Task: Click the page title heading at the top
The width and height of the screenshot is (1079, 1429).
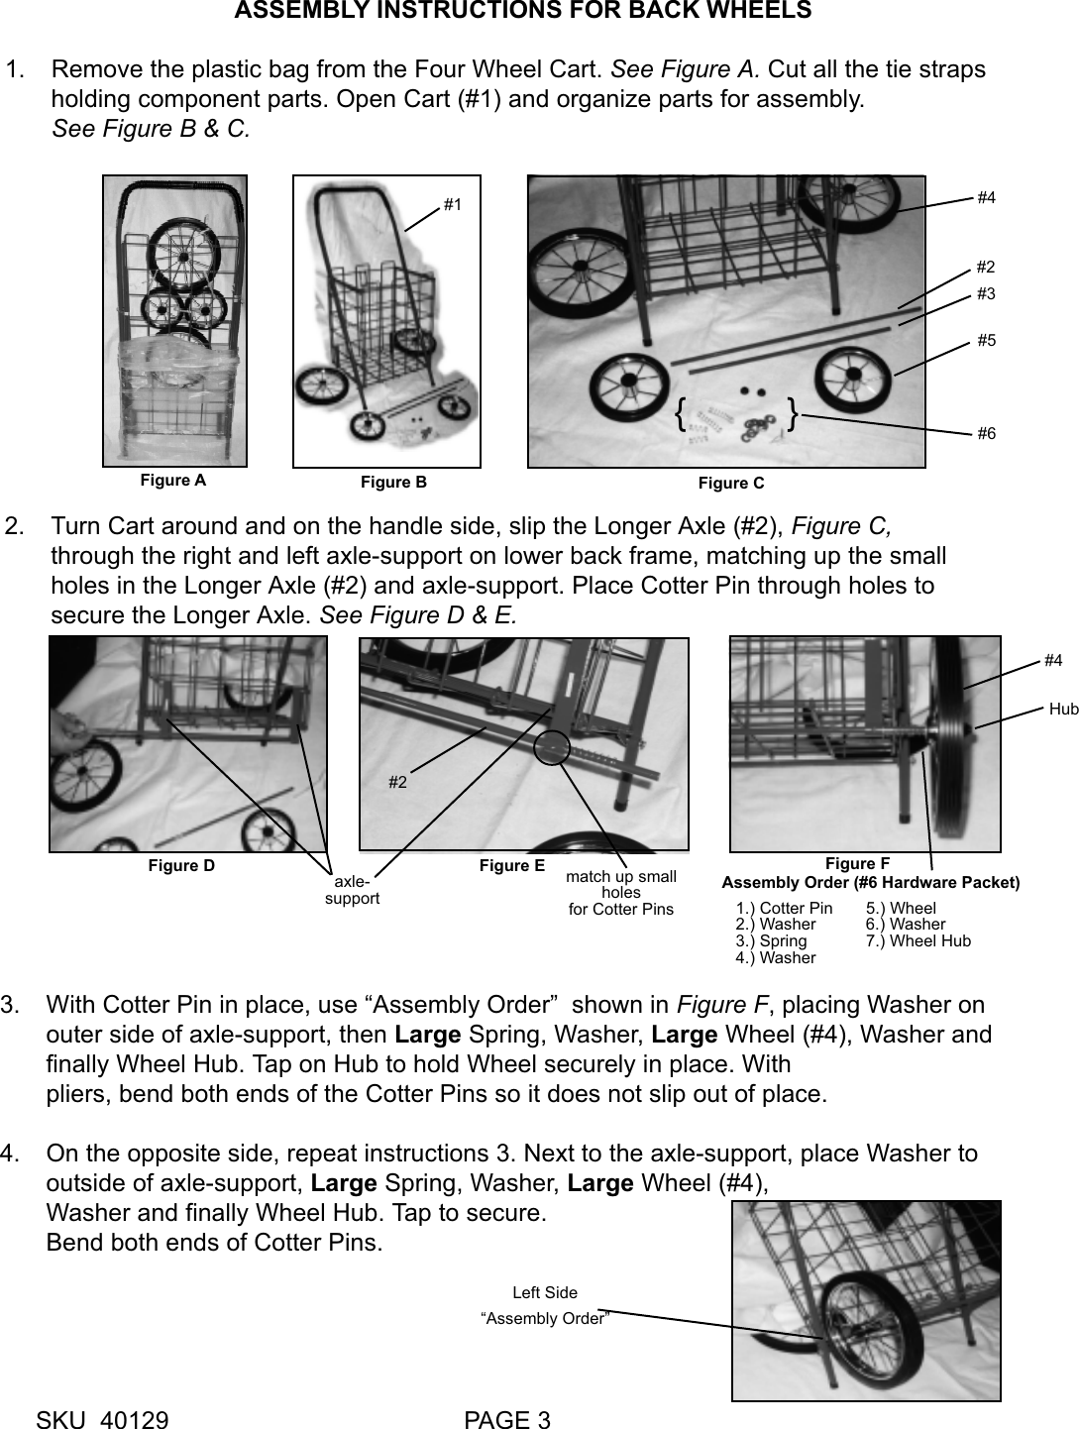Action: (x=522, y=11)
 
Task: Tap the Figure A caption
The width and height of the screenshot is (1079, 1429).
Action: (x=173, y=481)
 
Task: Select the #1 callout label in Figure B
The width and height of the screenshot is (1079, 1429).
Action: (x=453, y=204)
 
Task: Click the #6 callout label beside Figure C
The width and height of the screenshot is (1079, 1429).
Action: (x=986, y=434)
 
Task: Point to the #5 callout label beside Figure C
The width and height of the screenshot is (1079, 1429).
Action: (x=986, y=340)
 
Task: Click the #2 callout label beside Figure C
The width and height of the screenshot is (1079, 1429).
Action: (x=986, y=268)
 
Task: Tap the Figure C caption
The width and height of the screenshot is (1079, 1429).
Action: (x=731, y=483)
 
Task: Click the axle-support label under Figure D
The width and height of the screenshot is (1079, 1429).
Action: (x=352, y=889)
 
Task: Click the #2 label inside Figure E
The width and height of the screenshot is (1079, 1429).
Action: (x=397, y=782)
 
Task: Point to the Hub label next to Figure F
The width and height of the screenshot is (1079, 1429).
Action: (x=1063, y=709)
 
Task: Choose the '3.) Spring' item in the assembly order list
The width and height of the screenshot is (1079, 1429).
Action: (x=771, y=940)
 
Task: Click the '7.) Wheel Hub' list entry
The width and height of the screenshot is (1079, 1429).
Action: (x=918, y=940)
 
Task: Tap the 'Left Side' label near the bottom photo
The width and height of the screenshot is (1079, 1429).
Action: (x=544, y=1292)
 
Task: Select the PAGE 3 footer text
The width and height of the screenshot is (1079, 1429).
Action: (x=507, y=1419)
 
